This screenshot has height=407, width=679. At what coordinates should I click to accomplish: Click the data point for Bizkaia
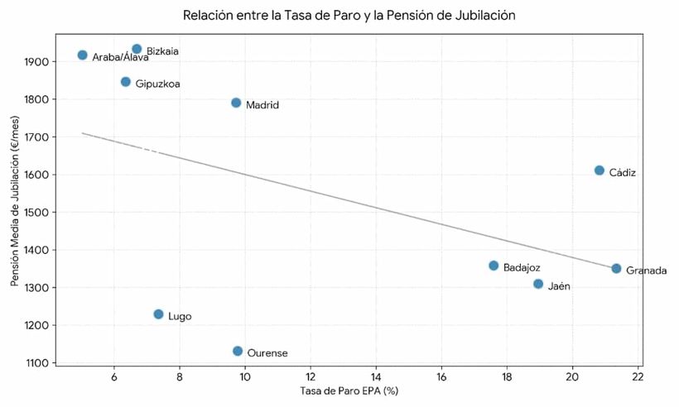pyautogui.click(x=137, y=50)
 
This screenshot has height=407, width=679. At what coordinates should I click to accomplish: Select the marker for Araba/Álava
pyautogui.click(x=82, y=55)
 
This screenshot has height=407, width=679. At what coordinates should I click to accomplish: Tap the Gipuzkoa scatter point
pyautogui.click(x=125, y=82)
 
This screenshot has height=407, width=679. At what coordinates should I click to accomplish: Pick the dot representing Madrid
pyautogui.click(x=236, y=103)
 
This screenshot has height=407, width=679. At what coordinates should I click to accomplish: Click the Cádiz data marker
pyautogui.click(x=600, y=170)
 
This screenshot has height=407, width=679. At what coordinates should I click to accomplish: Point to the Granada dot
pyautogui.click(x=616, y=269)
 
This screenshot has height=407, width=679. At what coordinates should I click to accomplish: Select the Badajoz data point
pyautogui.click(x=494, y=266)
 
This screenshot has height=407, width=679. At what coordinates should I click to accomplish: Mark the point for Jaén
pyautogui.click(x=538, y=284)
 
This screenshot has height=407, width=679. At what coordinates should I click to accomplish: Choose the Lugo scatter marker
pyautogui.click(x=158, y=314)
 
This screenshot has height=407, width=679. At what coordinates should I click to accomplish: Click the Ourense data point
pyautogui.click(x=238, y=352)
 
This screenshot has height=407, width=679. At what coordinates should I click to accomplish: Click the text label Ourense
pyautogui.click(x=267, y=353)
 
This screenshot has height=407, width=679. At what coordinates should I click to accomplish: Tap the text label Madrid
pyautogui.click(x=262, y=105)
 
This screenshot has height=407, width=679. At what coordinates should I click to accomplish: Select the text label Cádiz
pyautogui.click(x=622, y=173)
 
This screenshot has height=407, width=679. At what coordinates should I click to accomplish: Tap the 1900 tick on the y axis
pyautogui.click(x=37, y=62)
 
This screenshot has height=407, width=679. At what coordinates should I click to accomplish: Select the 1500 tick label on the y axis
pyautogui.click(x=37, y=213)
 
